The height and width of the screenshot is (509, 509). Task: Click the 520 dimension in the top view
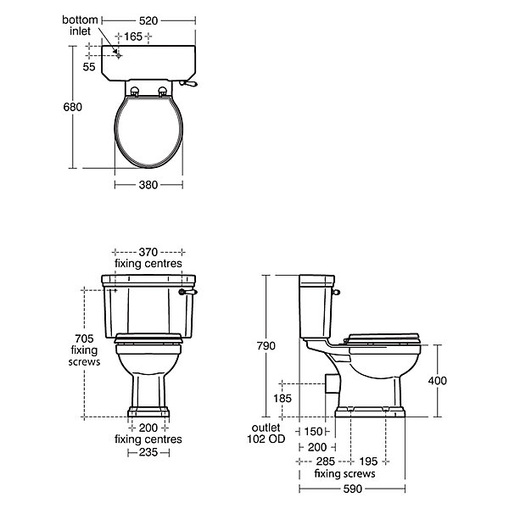[x=148, y=20]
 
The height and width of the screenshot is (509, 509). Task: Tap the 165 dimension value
[x=133, y=36]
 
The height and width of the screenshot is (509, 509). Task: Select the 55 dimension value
[x=89, y=67]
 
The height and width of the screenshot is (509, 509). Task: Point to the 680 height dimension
[x=73, y=107]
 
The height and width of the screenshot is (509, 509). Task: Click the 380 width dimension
[x=148, y=185]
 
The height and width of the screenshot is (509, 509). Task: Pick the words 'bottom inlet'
[x=81, y=25]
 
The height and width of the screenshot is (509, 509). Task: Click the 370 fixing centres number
[x=148, y=252]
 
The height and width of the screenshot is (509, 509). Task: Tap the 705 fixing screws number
[x=84, y=338]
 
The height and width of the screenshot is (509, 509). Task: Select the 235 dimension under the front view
[x=148, y=452]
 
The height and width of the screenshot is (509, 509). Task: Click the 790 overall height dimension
[x=266, y=346]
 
